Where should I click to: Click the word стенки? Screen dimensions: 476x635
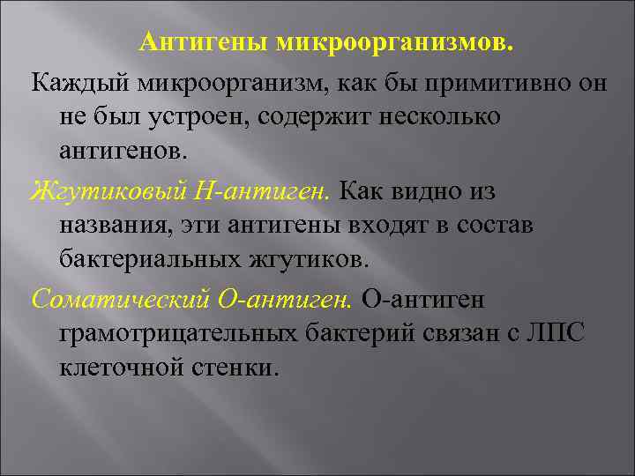[234, 368]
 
